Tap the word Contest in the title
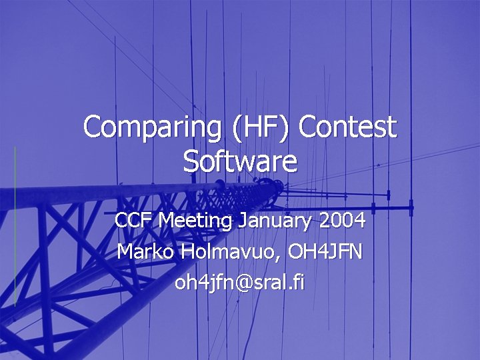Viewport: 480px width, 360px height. click(x=347, y=128)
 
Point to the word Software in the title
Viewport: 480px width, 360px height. click(x=240, y=162)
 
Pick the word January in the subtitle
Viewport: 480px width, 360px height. click(x=275, y=220)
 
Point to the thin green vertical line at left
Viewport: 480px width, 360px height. click(x=15, y=227)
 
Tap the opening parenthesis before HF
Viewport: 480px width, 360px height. click(x=238, y=128)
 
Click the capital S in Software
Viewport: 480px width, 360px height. click(x=191, y=161)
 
